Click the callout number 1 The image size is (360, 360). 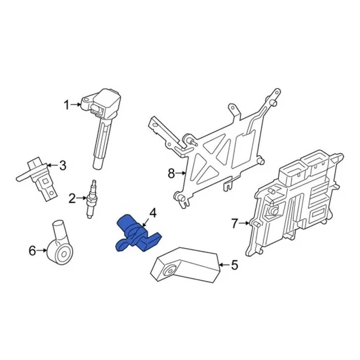67,105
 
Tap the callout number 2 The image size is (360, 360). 72,198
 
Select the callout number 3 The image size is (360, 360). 63,165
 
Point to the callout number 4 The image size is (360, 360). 153,213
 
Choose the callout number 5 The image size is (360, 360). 235,265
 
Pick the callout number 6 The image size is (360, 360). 32,251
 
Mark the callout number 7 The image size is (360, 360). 234,223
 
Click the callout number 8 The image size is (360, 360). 171,174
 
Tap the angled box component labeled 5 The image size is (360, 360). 185,265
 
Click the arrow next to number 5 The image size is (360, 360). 224,265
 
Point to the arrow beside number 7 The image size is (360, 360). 244,223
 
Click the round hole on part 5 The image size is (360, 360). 170,271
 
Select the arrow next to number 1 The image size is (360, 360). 76,105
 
